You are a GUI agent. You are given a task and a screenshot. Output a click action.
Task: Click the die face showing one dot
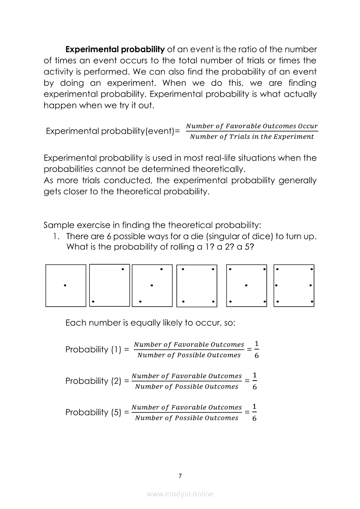pyautogui.click(x=66, y=286)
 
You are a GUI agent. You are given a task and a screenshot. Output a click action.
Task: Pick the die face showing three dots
pyautogui.click(x=152, y=286)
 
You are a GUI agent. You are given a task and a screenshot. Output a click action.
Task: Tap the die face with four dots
pyautogui.click(x=197, y=286)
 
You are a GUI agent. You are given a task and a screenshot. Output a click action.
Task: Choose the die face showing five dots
pyautogui.click(x=247, y=286)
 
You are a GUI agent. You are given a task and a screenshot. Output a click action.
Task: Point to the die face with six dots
pyautogui.click(x=294, y=286)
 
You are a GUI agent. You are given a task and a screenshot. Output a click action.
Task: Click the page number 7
pyautogui.click(x=180, y=476)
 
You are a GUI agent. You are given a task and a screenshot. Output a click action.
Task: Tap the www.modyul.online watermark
pyautogui.click(x=180, y=494)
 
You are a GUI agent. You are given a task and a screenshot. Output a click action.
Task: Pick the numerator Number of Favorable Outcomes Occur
pyautogui.click(x=252, y=126)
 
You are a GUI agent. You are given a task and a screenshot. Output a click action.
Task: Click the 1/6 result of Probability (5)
pyautogui.click(x=255, y=412)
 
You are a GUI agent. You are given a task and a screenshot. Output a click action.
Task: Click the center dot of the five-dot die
pyautogui.click(x=247, y=286)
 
